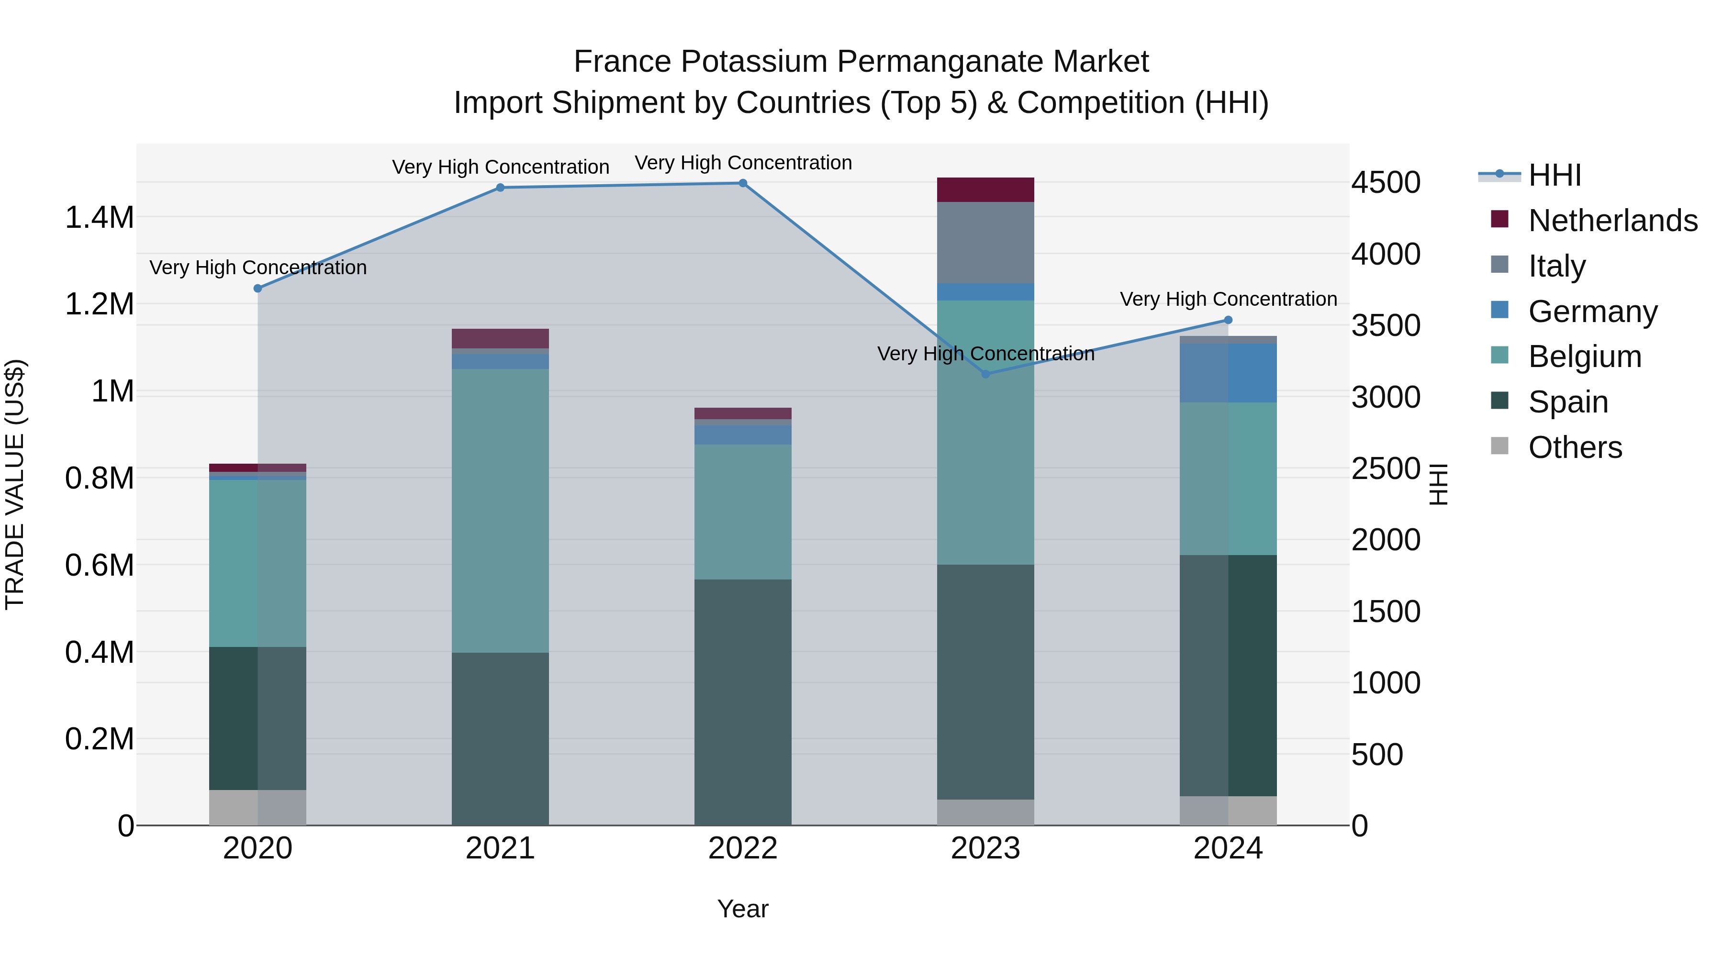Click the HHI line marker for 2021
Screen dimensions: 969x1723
pos(500,188)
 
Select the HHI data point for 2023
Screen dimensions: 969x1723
pos(985,374)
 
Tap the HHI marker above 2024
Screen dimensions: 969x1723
pos(1228,320)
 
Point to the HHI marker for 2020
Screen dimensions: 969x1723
pos(257,288)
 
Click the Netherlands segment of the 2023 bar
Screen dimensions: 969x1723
pos(985,190)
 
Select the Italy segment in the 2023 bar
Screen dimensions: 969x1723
pos(985,242)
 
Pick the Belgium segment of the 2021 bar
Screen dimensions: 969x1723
pos(500,510)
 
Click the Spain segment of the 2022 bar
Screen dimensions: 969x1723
pos(742,702)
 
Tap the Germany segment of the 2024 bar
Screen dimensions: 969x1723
pos(1228,373)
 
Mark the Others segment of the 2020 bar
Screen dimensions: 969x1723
pos(257,807)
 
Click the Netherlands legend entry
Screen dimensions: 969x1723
pos(1612,221)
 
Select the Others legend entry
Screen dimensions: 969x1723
pos(1575,447)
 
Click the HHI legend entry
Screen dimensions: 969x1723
pos(1555,175)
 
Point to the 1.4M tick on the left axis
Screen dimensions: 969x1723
pos(99,218)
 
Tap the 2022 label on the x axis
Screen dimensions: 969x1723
pos(742,848)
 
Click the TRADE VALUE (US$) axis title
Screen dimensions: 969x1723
pos(15,484)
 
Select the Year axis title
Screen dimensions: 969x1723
pos(742,909)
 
